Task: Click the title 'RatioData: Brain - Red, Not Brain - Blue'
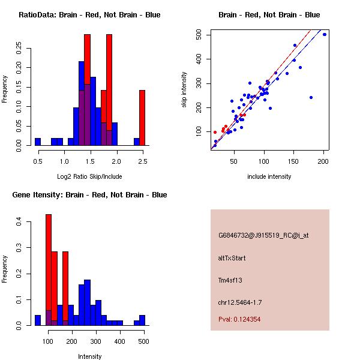coord(89,15)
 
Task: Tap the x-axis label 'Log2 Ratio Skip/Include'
coord(89,176)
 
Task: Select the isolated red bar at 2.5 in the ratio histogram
coord(142,117)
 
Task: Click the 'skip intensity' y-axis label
coord(184,90)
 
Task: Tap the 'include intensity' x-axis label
coord(269,176)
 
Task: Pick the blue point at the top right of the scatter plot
coord(325,35)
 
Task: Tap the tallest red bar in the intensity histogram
coord(49,269)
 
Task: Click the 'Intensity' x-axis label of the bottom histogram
coord(90,356)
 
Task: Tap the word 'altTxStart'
coord(232,258)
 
